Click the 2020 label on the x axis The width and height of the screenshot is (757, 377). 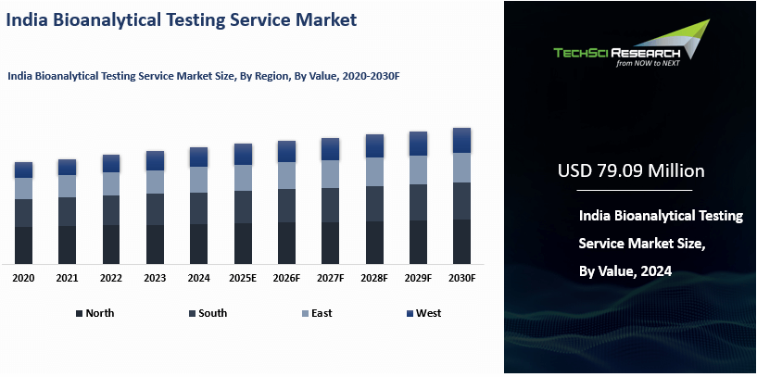[x=23, y=278]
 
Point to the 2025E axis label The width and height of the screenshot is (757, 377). [x=243, y=278]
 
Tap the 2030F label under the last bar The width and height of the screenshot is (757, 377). [x=461, y=278]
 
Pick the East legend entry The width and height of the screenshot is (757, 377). [x=321, y=313]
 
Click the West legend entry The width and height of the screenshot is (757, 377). [x=427, y=313]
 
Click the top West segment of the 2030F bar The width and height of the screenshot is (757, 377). [x=461, y=140]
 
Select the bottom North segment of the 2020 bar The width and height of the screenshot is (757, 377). [x=23, y=245]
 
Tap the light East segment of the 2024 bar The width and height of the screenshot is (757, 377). [x=199, y=180]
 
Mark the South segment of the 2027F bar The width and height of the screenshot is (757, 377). [x=331, y=205]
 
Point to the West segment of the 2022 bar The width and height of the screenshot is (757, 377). [x=111, y=163]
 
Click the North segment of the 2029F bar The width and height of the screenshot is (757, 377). [x=418, y=242]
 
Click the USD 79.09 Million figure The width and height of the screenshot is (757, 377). [x=631, y=171]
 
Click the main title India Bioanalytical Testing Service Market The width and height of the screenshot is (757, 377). [x=182, y=19]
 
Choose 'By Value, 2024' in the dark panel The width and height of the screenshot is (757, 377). [x=625, y=270]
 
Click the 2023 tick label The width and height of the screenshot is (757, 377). [x=155, y=278]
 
